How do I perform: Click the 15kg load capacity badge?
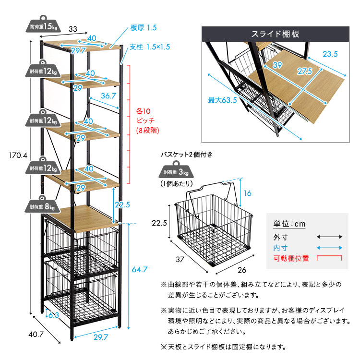coord(43,26)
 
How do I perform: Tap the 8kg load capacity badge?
coord(43,206)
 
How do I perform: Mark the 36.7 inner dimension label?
coord(108,96)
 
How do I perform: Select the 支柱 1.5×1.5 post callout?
coord(150,47)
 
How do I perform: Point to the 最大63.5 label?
coord(223,100)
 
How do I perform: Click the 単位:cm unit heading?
coord(289,224)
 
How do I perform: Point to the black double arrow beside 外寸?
coord(329,236)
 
